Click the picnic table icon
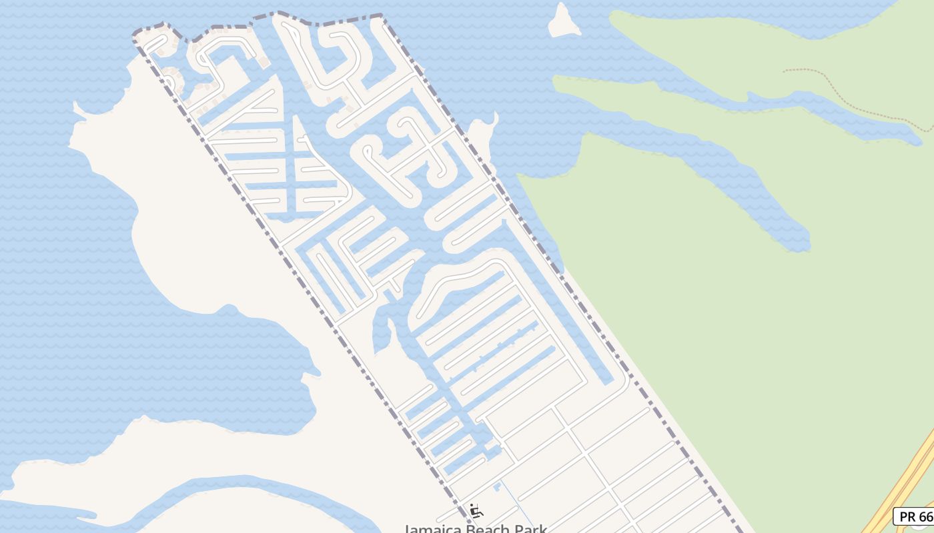[x=476, y=511]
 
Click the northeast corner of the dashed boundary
[x=382, y=15]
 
